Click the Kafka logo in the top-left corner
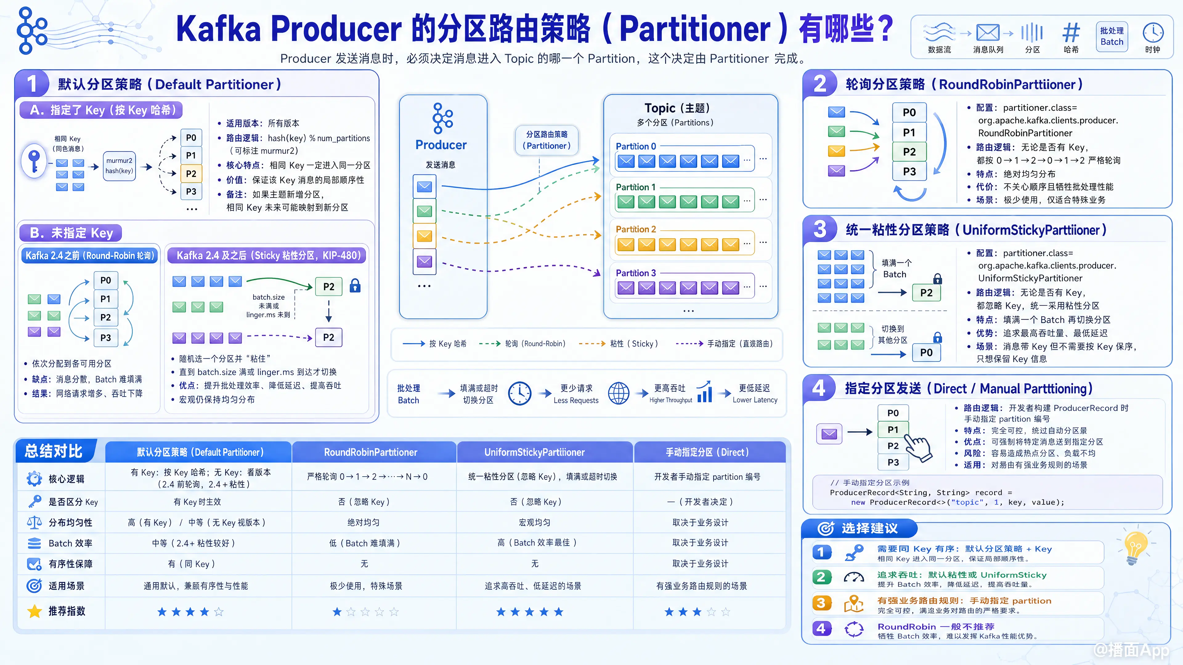[31, 30]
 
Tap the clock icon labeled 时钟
[1153, 33]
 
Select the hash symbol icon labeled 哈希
[1071, 33]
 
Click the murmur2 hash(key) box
[120, 166]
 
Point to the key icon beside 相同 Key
[34, 161]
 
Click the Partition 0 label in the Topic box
[636, 147]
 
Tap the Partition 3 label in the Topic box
[636, 273]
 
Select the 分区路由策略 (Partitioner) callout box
[547, 140]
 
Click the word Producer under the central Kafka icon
[441, 145]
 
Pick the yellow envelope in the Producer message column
[424, 236]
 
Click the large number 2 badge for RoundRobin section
[820, 84]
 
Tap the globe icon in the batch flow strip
[619, 393]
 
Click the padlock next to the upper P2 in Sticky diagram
[355, 285]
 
